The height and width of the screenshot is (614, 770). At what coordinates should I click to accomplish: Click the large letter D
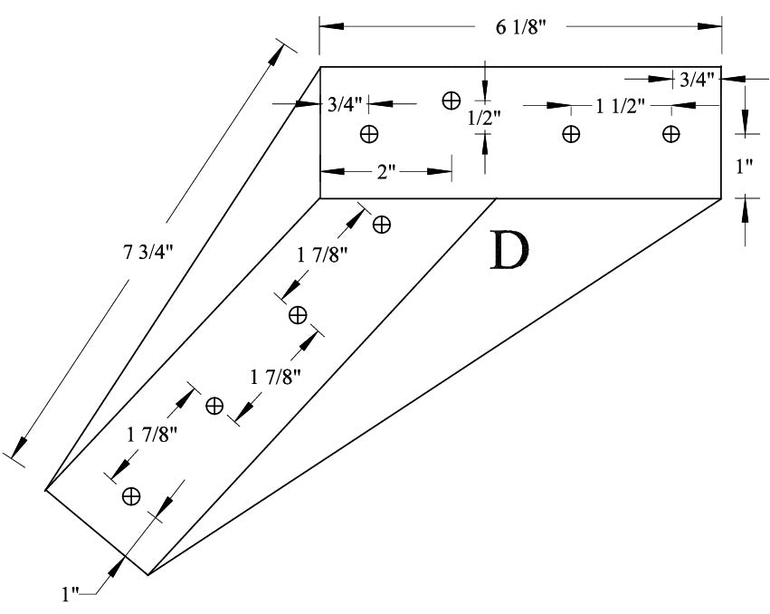(x=508, y=252)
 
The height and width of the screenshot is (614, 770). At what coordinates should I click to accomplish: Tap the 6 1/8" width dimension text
(x=520, y=27)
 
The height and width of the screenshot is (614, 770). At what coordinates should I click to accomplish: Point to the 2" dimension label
(x=386, y=170)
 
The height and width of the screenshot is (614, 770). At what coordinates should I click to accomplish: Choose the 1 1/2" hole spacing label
(x=620, y=106)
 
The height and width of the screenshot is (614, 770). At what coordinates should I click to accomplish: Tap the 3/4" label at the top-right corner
(x=698, y=80)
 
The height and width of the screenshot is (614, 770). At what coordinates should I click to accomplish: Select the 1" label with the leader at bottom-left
(x=71, y=594)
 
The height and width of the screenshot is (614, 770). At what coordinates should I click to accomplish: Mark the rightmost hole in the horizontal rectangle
(x=670, y=134)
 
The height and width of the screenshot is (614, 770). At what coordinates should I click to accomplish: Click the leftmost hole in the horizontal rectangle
(x=368, y=134)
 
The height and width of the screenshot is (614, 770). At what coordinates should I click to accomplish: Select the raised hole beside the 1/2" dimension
(x=451, y=100)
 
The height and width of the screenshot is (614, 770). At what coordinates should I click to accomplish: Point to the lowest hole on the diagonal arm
(x=131, y=495)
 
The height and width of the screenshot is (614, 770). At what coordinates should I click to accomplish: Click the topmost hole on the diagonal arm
(x=382, y=224)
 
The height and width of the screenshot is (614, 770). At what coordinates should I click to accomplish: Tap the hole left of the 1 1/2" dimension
(x=571, y=134)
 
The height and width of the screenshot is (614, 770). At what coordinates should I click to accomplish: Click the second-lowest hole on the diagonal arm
(x=214, y=406)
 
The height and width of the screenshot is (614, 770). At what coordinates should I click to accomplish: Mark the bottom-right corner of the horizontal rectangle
(x=721, y=197)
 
